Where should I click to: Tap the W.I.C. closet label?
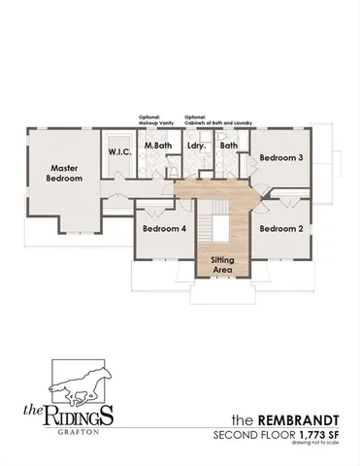[119, 151]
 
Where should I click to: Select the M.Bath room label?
[157, 146]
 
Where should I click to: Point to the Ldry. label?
[194, 146]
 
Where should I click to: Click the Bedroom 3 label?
[281, 156]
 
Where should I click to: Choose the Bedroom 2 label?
[281, 229]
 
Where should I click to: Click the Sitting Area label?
[222, 264]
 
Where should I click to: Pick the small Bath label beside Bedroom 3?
[229, 146]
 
